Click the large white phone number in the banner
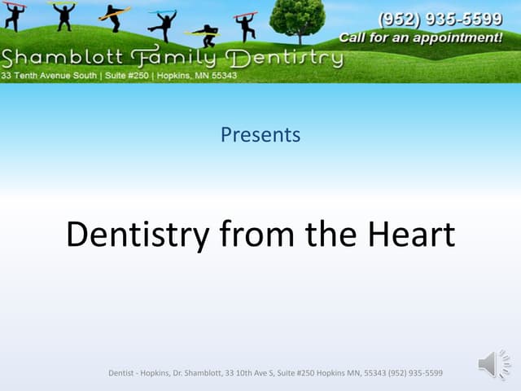(x=440, y=20)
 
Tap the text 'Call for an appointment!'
(x=421, y=37)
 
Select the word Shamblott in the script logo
(x=62, y=57)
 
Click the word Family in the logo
(x=173, y=56)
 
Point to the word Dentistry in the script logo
(x=284, y=59)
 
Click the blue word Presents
(x=260, y=134)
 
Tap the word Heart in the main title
(x=411, y=235)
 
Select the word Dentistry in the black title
(x=138, y=235)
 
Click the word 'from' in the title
(x=257, y=234)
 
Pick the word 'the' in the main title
(x=331, y=234)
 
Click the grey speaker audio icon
(x=494, y=364)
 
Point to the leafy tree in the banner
(x=298, y=20)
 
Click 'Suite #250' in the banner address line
(x=127, y=76)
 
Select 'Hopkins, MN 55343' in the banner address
(x=197, y=76)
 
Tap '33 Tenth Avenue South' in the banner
(x=49, y=76)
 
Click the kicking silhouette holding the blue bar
(x=163, y=25)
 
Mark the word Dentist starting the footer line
(x=120, y=373)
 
